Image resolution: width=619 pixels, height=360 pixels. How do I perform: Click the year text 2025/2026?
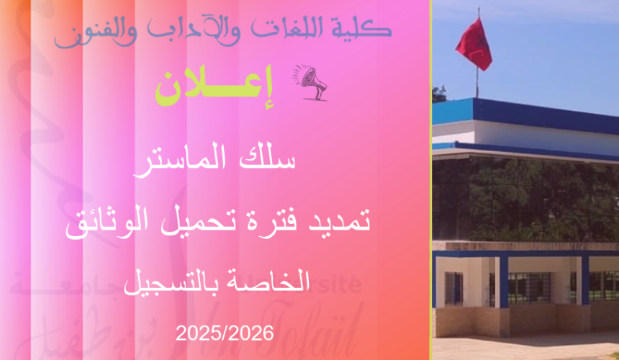pos(225,333)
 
